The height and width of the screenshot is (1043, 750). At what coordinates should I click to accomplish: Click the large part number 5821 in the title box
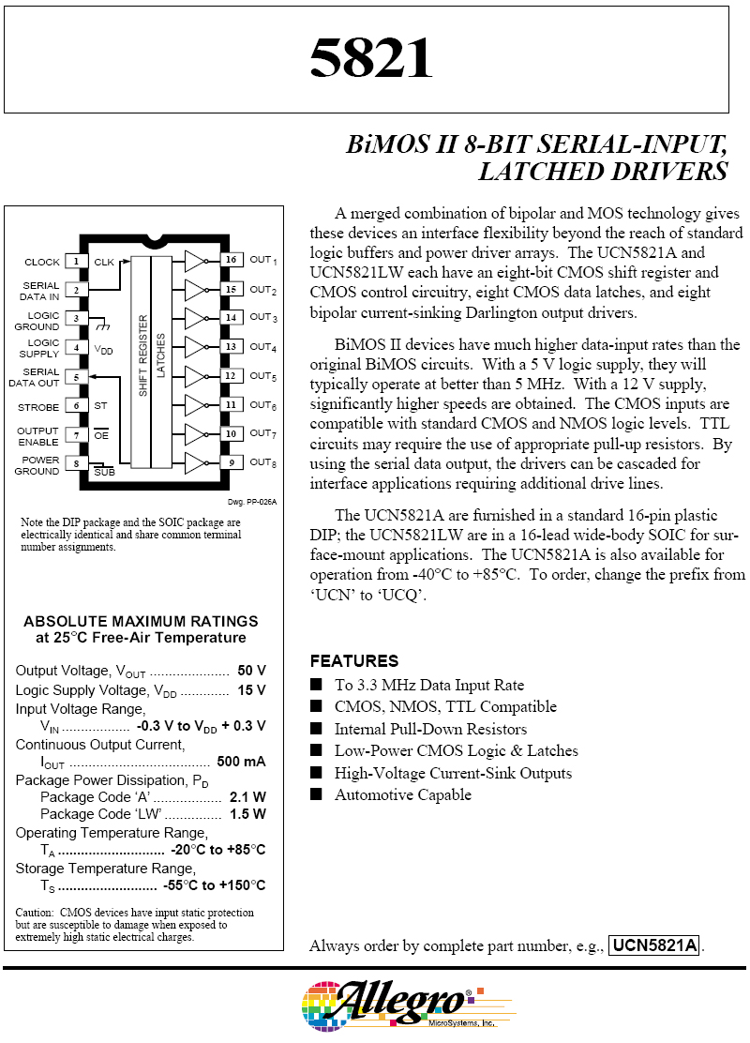tap(371, 58)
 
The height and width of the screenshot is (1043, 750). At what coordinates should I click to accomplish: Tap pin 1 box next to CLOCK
tap(76, 262)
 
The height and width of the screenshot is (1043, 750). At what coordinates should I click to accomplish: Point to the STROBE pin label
tap(38, 408)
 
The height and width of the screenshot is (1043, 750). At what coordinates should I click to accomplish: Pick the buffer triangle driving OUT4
tap(195, 347)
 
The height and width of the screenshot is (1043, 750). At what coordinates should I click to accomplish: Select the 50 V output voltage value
tap(251, 671)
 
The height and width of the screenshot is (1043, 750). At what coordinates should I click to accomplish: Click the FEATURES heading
tap(353, 660)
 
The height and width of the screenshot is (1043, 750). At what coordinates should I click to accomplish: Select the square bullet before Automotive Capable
tap(316, 794)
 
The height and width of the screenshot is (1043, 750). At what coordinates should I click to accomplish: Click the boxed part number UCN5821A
tap(654, 945)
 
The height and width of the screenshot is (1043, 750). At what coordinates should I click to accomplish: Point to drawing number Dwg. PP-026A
tap(252, 502)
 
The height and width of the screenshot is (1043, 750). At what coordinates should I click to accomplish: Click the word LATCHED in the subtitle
tap(540, 172)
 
